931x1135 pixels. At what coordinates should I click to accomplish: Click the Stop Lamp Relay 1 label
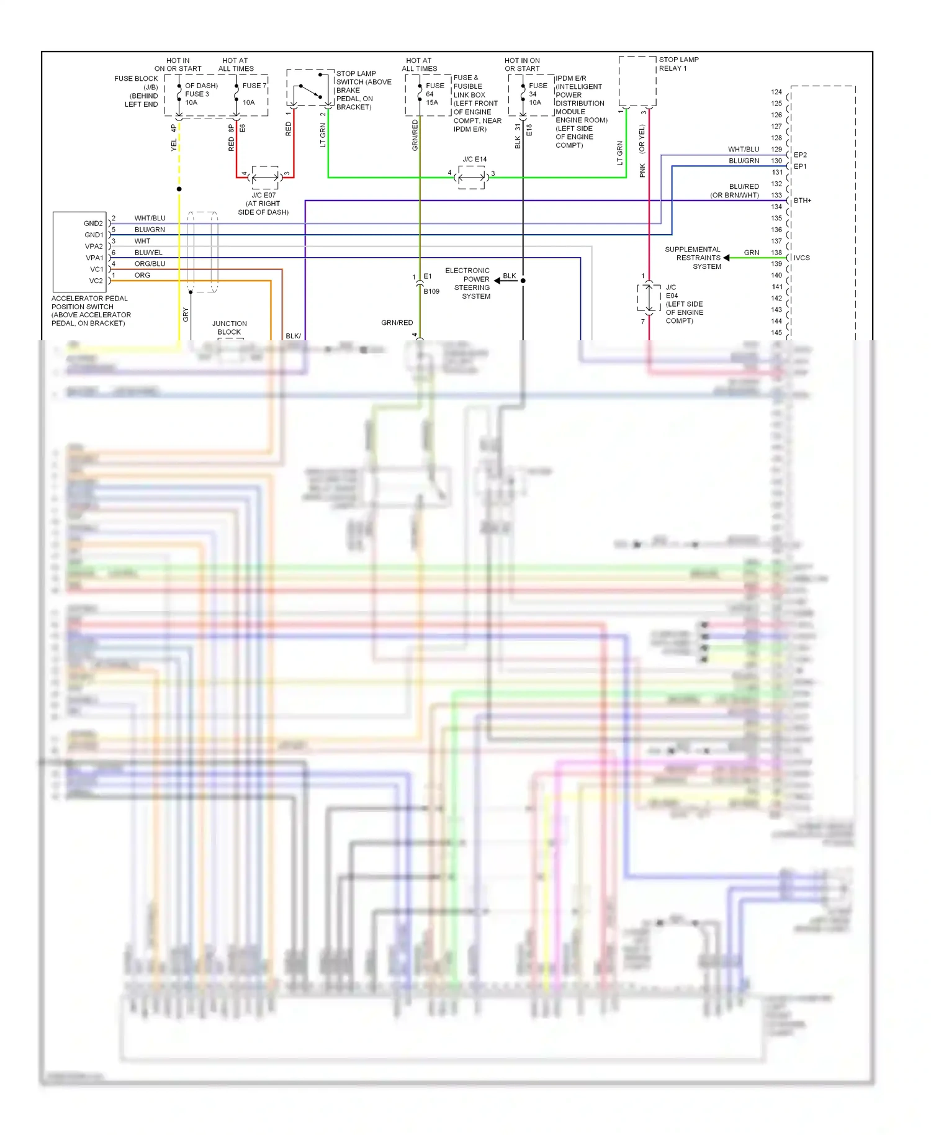pyautogui.click(x=678, y=64)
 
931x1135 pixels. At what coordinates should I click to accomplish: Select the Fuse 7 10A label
pyautogui.click(x=253, y=94)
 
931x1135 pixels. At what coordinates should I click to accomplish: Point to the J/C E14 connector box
pyautogui.click(x=471, y=178)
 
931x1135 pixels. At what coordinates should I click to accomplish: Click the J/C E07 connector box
pyautogui.click(x=265, y=178)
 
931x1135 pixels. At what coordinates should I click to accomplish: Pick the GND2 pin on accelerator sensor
pyautogui.click(x=93, y=224)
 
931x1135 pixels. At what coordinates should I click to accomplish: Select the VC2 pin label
pyautogui.click(x=96, y=281)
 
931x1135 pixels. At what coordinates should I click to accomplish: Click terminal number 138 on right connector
pyautogui.click(x=776, y=253)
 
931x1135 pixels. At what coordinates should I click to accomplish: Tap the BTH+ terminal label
pyautogui.click(x=802, y=201)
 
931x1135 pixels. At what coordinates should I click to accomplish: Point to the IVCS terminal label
pyautogui.click(x=801, y=258)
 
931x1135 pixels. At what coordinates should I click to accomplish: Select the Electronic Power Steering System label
pyautogui.click(x=469, y=283)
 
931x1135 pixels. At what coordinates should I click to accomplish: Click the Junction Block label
pyautogui.click(x=229, y=328)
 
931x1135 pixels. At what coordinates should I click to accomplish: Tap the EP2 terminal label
pyautogui.click(x=800, y=155)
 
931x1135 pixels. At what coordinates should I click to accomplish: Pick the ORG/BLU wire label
pyautogui.click(x=150, y=264)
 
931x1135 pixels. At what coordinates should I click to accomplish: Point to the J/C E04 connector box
pyautogui.click(x=649, y=297)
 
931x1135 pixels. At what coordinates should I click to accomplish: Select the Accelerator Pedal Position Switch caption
pyautogui.click(x=91, y=310)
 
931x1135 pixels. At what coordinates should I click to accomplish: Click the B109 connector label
pyautogui.click(x=431, y=291)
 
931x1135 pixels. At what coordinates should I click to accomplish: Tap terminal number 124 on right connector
pyautogui.click(x=776, y=92)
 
